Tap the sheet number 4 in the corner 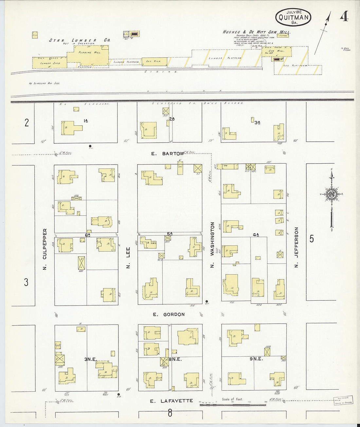(344, 17)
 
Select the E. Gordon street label (169, 314)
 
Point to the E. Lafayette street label (171, 401)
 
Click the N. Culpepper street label (45, 249)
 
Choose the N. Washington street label (212, 245)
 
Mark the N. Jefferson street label (297, 247)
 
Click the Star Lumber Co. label (80, 40)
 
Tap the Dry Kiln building (154, 62)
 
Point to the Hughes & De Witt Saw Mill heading (256, 32)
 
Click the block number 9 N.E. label (256, 359)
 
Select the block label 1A (86, 121)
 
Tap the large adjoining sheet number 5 (312, 239)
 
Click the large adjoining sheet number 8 (170, 413)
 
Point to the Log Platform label (296, 66)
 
